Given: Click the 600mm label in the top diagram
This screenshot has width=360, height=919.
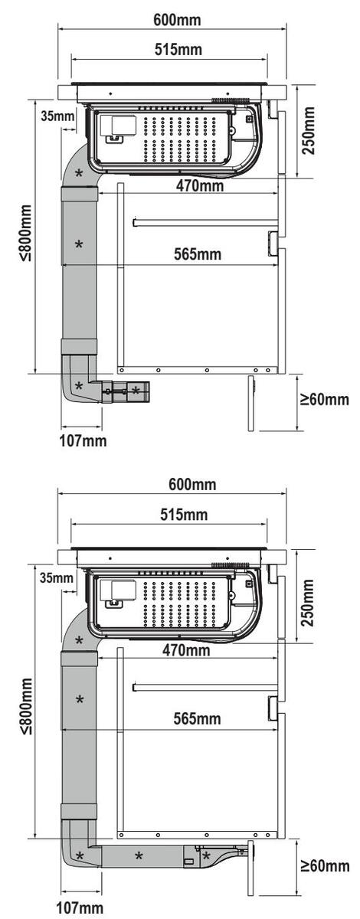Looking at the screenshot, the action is tap(177, 19).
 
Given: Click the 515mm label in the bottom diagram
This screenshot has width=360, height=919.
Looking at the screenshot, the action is tap(184, 514).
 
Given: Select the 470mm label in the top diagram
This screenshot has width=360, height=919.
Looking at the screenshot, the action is tap(200, 186).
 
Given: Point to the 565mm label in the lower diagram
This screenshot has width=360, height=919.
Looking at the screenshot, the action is tap(197, 718).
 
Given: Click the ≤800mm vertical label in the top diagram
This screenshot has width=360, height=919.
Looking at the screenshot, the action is tap(26, 233).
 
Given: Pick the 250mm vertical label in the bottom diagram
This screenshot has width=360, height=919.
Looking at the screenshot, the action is tap(308, 602).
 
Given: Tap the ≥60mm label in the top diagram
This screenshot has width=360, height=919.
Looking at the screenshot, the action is tap(324, 399).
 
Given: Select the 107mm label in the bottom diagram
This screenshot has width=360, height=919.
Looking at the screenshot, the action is tap(82, 908).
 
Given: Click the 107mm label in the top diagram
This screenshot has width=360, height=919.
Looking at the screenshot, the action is tap(83, 441).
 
